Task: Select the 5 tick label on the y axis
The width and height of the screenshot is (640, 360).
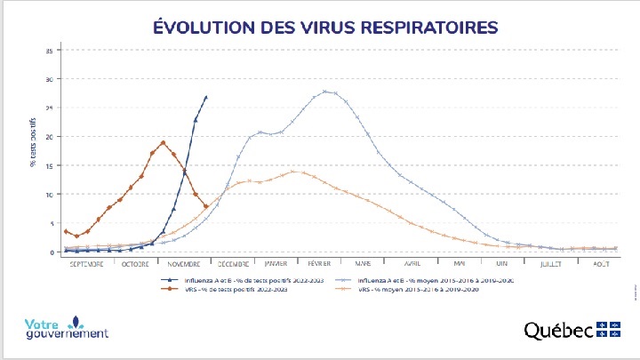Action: (49, 223)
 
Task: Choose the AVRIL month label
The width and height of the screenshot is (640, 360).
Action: (412, 263)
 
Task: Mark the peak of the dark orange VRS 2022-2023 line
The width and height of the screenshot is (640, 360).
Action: (163, 142)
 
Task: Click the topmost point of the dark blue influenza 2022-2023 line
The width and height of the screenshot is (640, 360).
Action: (206, 97)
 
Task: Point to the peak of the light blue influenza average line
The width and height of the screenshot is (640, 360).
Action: (325, 91)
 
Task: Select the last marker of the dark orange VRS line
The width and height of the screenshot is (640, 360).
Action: (206, 206)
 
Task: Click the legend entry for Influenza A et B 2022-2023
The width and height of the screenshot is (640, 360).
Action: (235, 280)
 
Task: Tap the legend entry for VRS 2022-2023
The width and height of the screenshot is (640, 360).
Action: (228, 290)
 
